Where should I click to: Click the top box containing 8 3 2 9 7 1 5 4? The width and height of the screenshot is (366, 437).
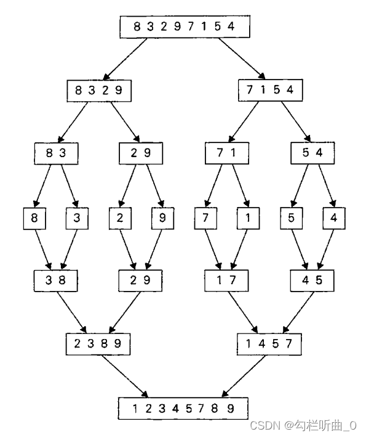pos(185,27)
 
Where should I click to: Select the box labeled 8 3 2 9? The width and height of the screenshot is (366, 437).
pos(99,91)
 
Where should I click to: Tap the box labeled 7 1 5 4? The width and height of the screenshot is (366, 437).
pos(270,91)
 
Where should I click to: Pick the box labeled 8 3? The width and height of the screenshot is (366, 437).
pos(56,153)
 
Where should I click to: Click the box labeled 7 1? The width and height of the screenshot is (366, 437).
pos(227,153)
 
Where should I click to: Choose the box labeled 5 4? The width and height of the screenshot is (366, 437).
pos(312,153)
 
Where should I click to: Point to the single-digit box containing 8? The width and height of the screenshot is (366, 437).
pos(34,218)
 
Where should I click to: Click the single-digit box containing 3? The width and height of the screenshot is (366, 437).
pos(78,218)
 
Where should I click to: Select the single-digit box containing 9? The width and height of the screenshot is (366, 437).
pos(163,218)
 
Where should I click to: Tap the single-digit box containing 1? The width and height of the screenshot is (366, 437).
pos(249,218)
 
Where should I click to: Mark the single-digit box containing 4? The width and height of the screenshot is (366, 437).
pos(334,218)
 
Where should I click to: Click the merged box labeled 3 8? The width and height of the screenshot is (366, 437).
pos(55,280)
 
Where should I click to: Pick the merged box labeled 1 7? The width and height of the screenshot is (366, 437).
pos(226,280)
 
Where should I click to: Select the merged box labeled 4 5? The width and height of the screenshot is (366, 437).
pos(312,280)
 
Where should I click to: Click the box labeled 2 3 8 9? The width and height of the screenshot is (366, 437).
pos(98,344)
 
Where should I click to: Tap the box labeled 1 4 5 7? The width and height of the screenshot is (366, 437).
pos(269,344)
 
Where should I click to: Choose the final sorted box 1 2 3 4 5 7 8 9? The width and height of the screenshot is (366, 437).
pos(183,408)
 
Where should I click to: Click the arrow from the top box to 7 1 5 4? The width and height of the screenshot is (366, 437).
pos(242,59)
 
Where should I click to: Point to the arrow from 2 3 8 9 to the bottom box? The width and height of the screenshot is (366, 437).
pos(125,376)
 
